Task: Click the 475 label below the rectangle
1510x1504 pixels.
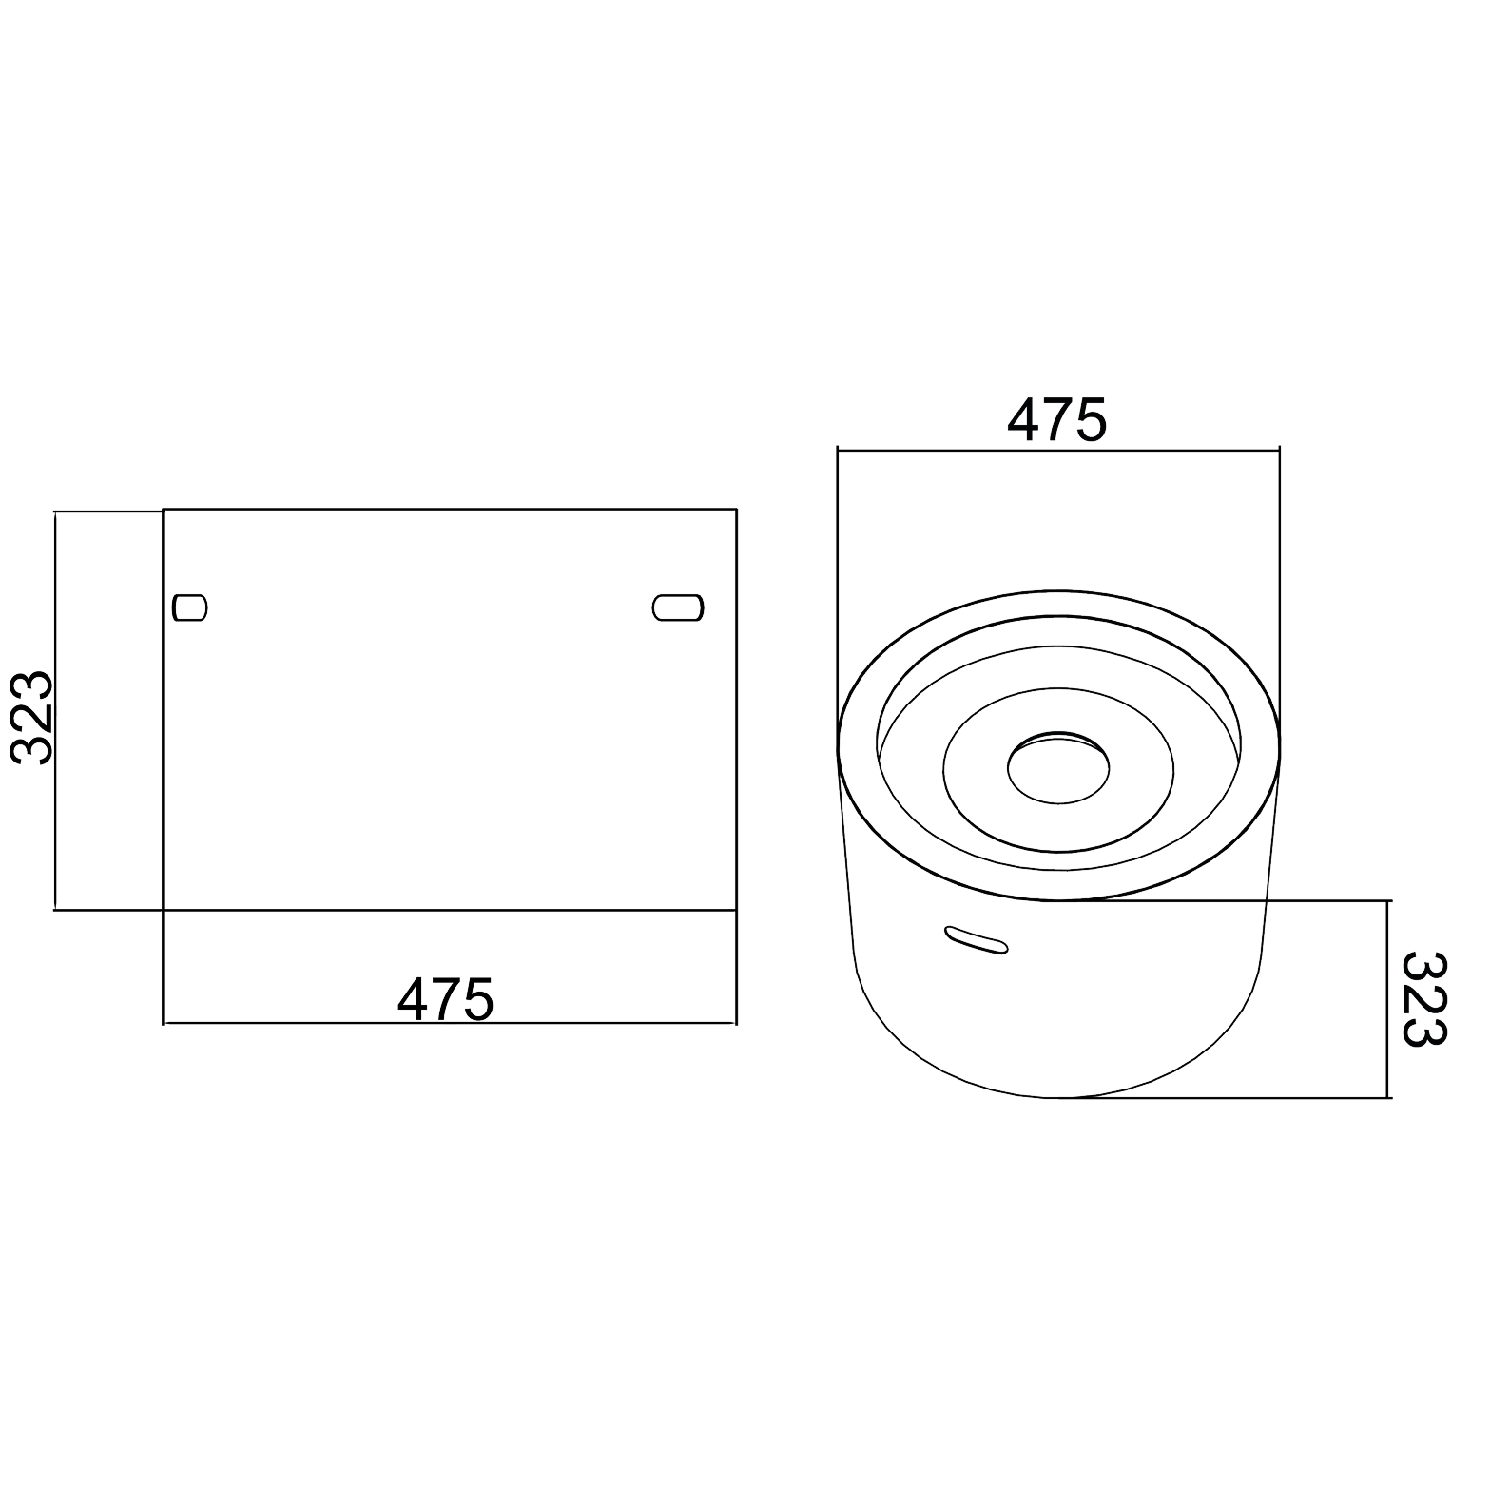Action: pos(446,999)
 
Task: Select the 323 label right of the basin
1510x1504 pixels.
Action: pos(1423,999)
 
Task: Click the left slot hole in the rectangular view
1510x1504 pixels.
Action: pos(190,607)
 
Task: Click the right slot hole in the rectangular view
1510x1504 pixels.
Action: pos(678,607)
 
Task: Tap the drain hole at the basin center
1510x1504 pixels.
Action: pos(1058,767)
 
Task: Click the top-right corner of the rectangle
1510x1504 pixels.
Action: pos(736,510)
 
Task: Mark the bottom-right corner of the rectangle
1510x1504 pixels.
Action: pos(736,911)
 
